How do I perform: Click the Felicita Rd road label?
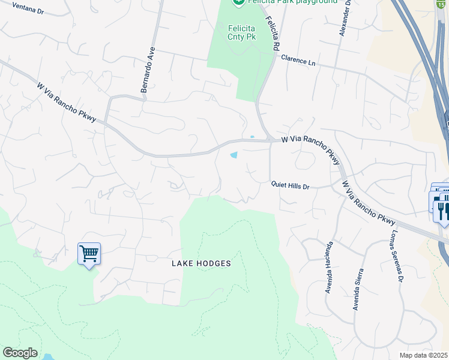[274, 34]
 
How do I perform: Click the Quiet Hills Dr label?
[290, 187]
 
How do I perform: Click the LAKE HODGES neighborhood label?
[201, 263]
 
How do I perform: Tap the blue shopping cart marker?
[89, 254]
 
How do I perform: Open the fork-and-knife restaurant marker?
[443, 211]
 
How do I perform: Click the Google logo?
[20, 353]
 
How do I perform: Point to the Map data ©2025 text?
[424, 355]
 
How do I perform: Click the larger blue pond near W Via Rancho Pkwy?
[234, 155]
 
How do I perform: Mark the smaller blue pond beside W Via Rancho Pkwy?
[252, 137]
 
